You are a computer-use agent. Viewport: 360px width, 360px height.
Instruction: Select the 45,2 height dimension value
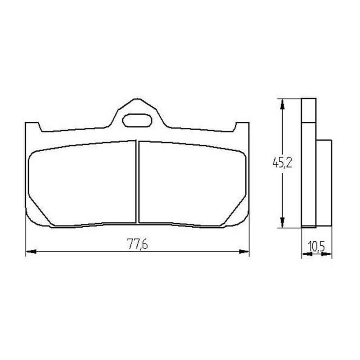tap(282, 162)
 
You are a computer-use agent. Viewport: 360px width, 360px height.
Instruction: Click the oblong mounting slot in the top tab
tap(137, 120)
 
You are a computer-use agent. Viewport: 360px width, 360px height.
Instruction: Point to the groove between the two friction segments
tap(137, 182)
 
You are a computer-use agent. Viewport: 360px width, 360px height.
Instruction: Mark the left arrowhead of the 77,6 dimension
tap(30, 252)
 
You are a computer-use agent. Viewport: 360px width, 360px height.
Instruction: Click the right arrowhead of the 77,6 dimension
tap(245, 252)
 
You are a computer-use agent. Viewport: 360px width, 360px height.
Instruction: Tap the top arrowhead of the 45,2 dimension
tap(282, 103)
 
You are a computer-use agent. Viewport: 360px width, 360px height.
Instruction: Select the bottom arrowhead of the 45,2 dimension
tap(282, 223)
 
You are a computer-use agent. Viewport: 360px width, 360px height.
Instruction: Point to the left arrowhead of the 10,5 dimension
tap(305, 254)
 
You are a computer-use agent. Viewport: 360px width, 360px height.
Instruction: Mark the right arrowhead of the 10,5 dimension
tap(328, 254)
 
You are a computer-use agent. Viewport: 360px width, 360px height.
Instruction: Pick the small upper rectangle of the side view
tap(308, 110)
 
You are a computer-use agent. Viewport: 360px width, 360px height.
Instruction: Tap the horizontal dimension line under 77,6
tap(90, 252)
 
